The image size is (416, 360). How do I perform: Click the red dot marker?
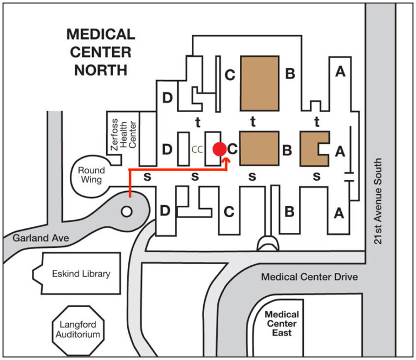click(219, 149)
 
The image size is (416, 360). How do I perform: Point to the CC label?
click(197, 149)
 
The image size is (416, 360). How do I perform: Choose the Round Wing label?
click(91, 175)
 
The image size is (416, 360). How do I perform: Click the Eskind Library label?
click(81, 273)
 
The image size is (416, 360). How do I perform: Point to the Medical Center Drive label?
click(309, 277)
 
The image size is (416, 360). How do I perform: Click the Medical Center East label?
click(282, 324)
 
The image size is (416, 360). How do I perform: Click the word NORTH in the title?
click(101, 70)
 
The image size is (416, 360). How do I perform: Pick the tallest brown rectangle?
click(259, 81)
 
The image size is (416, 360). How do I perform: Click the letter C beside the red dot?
click(232, 149)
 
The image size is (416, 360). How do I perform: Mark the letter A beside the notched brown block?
click(340, 151)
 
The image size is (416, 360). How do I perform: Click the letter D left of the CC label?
click(167, 149)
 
